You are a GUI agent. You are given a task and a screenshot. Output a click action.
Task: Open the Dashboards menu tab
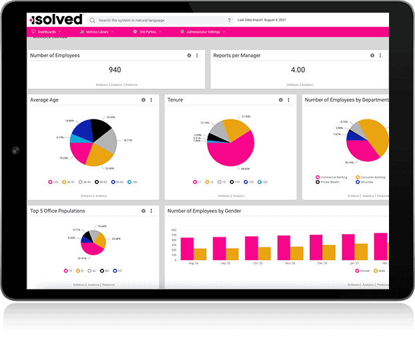47,31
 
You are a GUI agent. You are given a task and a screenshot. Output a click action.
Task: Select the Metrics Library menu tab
97,31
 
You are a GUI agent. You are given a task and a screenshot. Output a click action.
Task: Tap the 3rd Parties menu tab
145,31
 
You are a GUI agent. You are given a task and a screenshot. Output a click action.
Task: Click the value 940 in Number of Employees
115,69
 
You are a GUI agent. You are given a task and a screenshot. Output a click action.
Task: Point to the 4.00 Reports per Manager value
298,69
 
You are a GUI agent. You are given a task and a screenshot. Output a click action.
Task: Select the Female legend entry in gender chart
364,271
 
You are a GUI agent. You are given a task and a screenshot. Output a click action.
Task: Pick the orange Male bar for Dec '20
329,252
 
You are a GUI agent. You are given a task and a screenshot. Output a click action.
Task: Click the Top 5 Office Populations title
57,211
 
